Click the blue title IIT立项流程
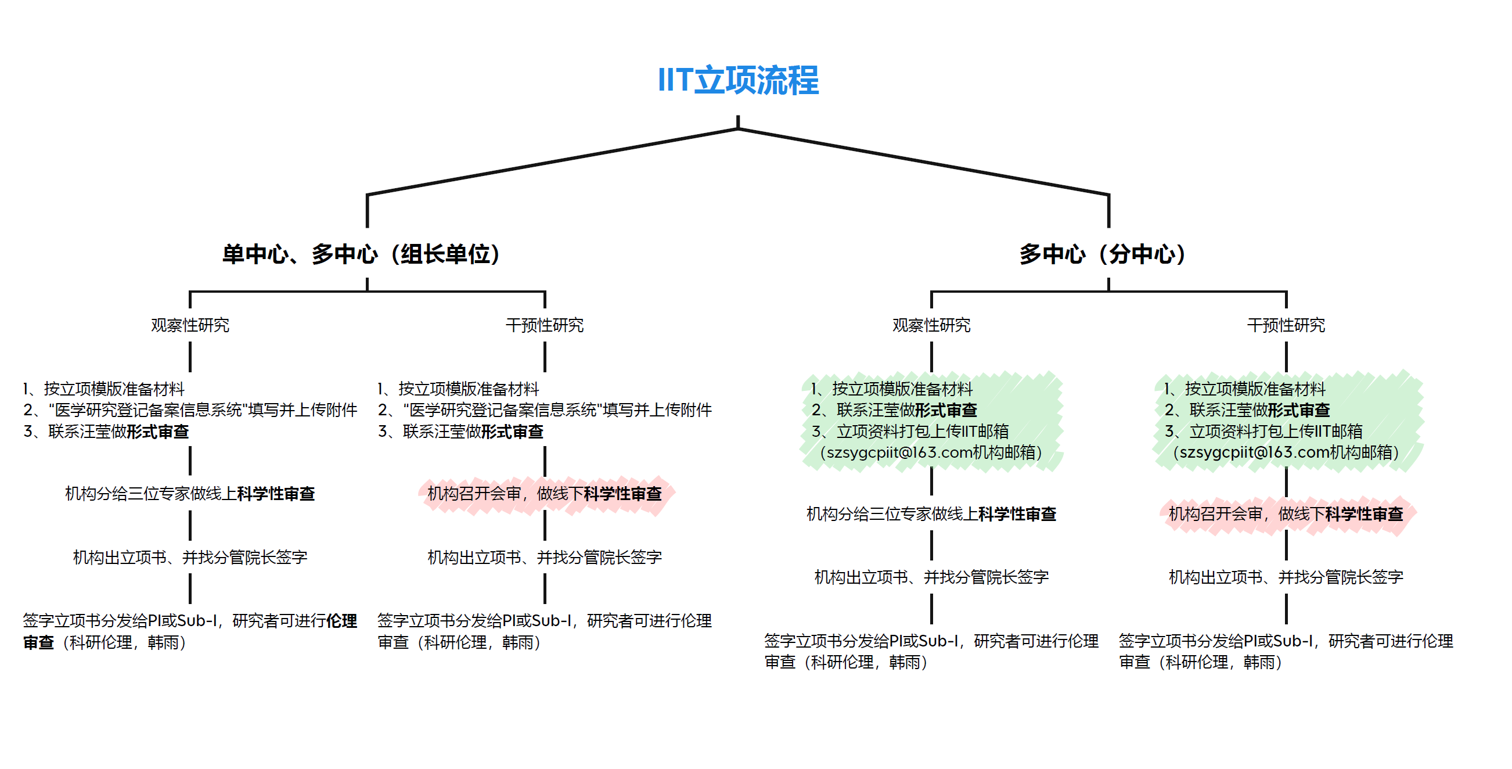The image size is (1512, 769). point(738,80)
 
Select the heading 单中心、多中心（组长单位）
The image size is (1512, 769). point(361,254)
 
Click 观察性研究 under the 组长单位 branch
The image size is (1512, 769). point(190,325)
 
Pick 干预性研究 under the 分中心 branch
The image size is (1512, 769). point(1286,325)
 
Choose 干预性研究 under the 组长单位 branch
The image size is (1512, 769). point(545,325)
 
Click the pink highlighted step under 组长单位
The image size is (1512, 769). point(545,494)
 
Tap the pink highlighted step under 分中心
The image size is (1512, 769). point(1286,514)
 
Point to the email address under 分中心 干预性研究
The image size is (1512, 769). point(1286,452)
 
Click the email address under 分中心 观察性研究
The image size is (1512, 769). point(931,452)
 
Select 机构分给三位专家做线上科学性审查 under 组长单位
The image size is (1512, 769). point(190,494)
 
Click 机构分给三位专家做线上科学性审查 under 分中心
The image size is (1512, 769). point(931,514)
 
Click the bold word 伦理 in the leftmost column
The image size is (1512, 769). point(341,620)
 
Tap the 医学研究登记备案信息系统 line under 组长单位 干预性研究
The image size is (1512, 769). point(545,409)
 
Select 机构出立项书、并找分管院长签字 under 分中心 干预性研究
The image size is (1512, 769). point(1286,577)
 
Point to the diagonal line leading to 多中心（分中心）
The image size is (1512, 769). point(923,161)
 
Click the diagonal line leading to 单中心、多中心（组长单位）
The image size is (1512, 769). point(552,161)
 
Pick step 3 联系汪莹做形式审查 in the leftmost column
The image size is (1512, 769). point(106,432)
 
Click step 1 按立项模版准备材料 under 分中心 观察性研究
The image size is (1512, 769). point(892,389)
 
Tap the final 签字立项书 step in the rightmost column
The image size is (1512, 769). point(1286,651)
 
